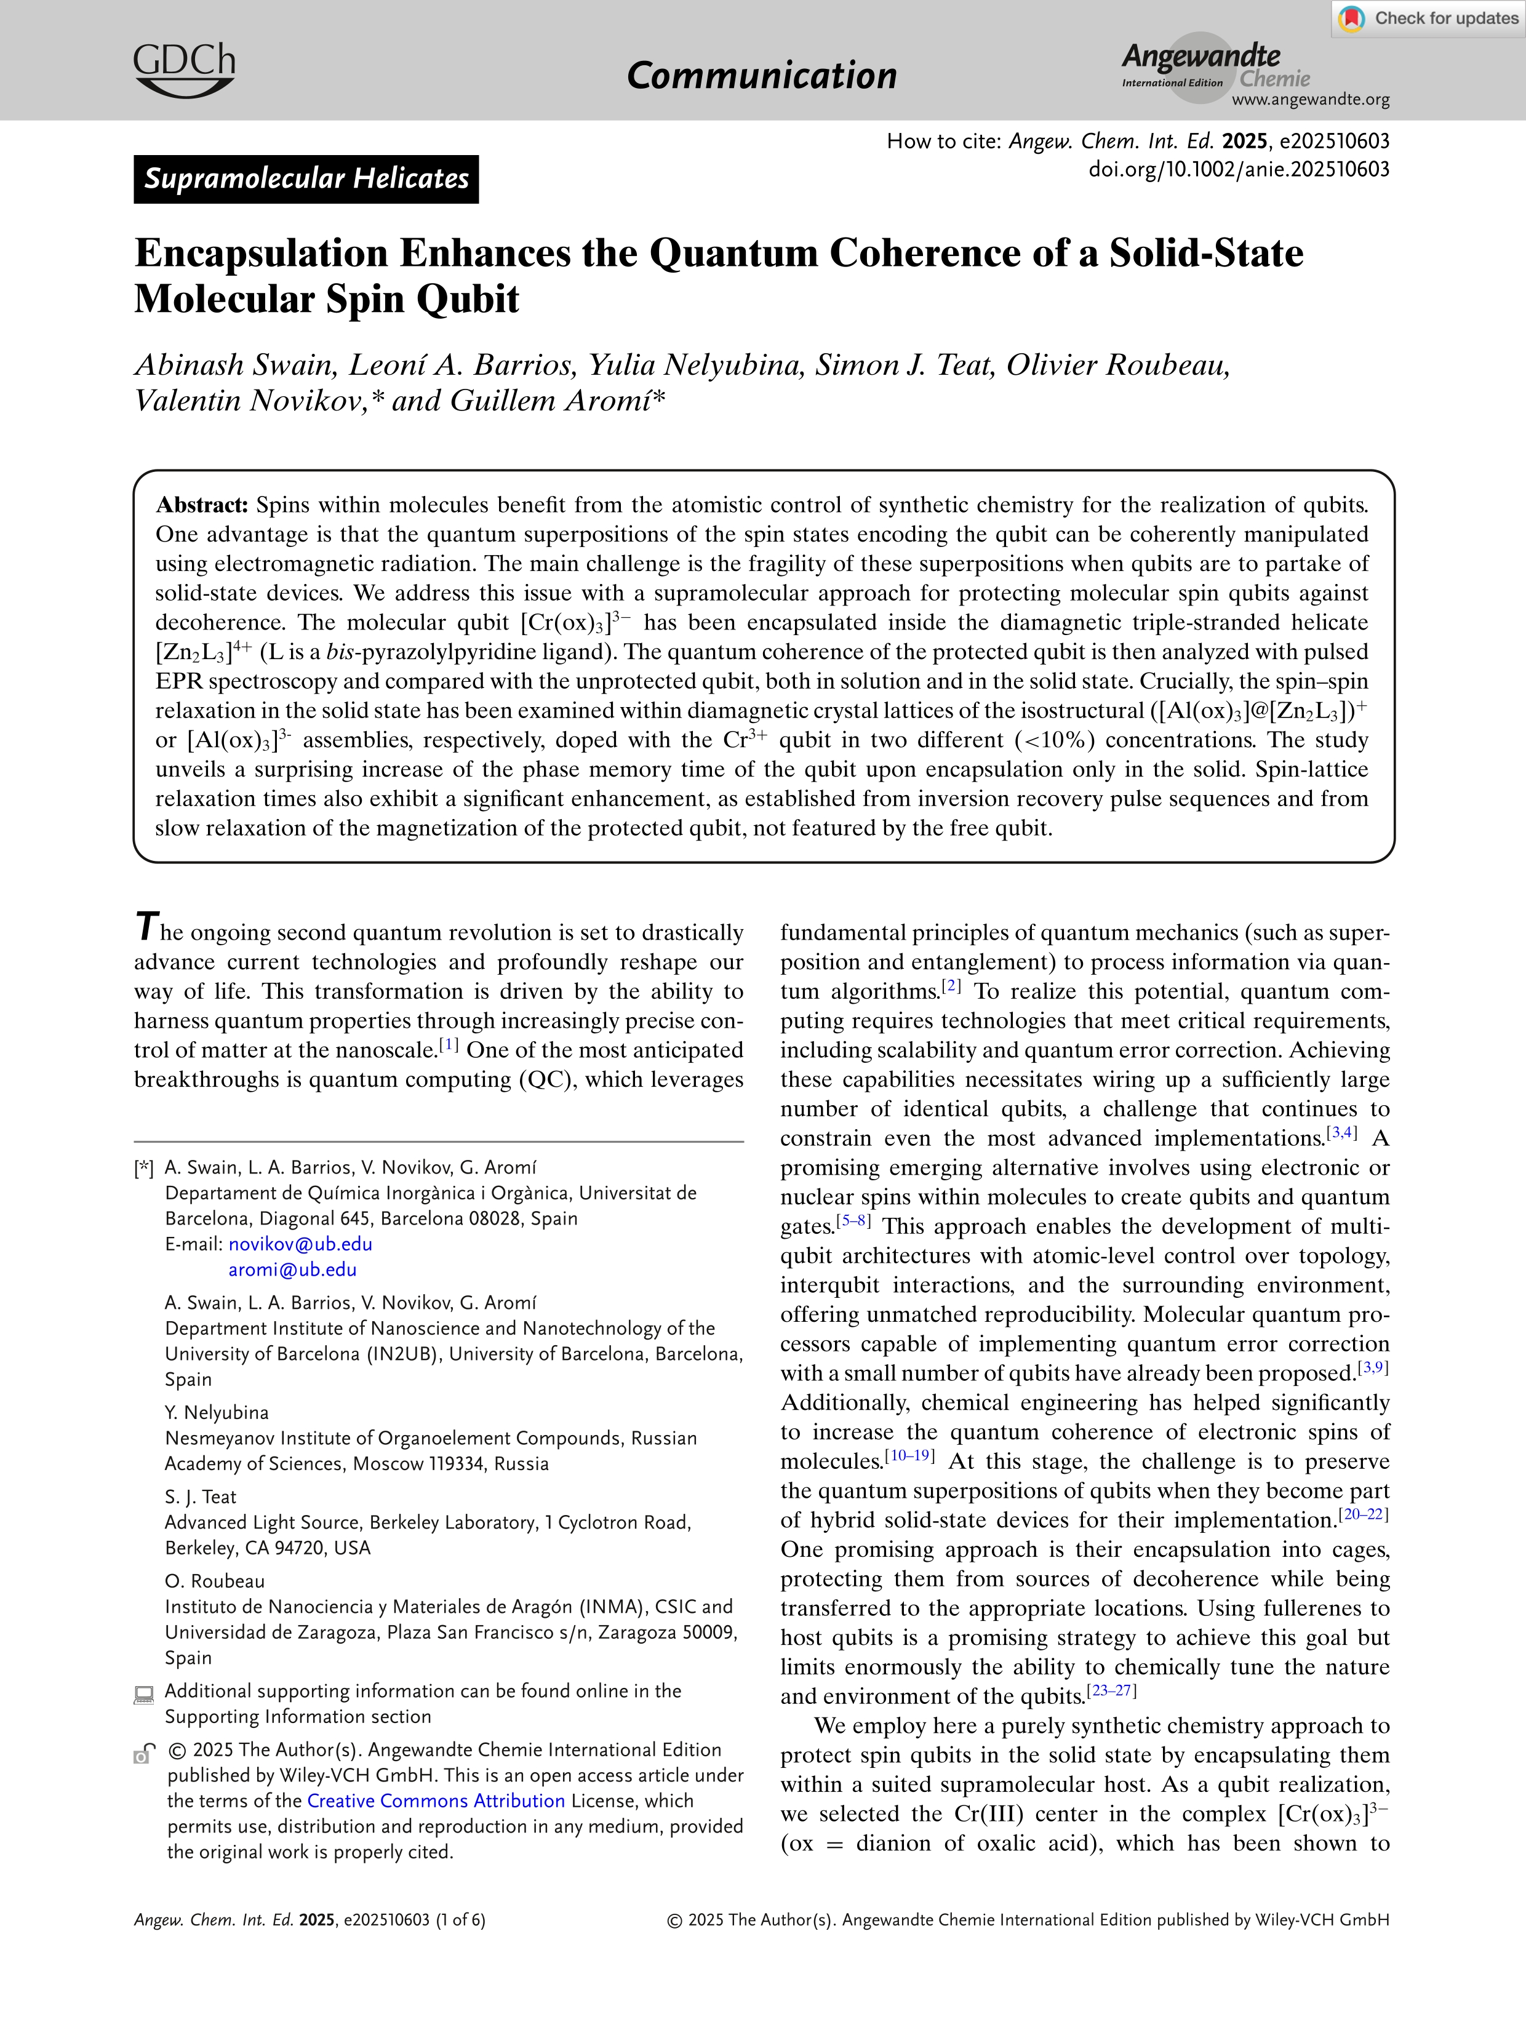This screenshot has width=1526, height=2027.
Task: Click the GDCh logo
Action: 184,70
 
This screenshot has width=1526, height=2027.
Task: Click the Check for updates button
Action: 1428,18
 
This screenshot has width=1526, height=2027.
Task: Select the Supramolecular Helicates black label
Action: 306,178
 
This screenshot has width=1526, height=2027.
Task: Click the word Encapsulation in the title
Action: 262,254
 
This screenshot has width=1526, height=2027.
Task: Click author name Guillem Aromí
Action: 549,401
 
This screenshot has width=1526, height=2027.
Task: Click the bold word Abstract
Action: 202,505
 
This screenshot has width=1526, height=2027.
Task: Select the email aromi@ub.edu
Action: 292,1269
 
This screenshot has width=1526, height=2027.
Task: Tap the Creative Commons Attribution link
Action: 436,1801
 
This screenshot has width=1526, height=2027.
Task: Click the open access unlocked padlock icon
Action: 144,1753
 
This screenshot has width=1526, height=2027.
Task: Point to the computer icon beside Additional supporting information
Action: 144,1694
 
